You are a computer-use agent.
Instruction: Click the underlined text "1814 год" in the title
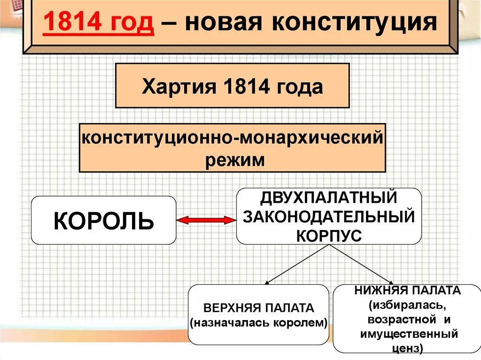click(99, 23)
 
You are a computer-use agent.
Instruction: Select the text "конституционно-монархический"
click(232, 139)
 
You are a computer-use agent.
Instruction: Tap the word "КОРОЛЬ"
click(103, 220)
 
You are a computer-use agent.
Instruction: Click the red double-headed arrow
click(206, 220)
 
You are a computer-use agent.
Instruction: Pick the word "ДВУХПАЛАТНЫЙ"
click(329, 197)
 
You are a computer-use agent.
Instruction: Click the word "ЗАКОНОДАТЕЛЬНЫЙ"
click(329, 216)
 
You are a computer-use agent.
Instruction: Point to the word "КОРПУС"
click(329, 235)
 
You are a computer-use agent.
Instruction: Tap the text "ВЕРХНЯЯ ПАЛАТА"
click(258, 308)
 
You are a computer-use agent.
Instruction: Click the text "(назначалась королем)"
click(258, 322)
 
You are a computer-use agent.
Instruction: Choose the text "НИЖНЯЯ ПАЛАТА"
click(408, 291)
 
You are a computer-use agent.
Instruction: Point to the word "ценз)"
click(408, 348)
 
